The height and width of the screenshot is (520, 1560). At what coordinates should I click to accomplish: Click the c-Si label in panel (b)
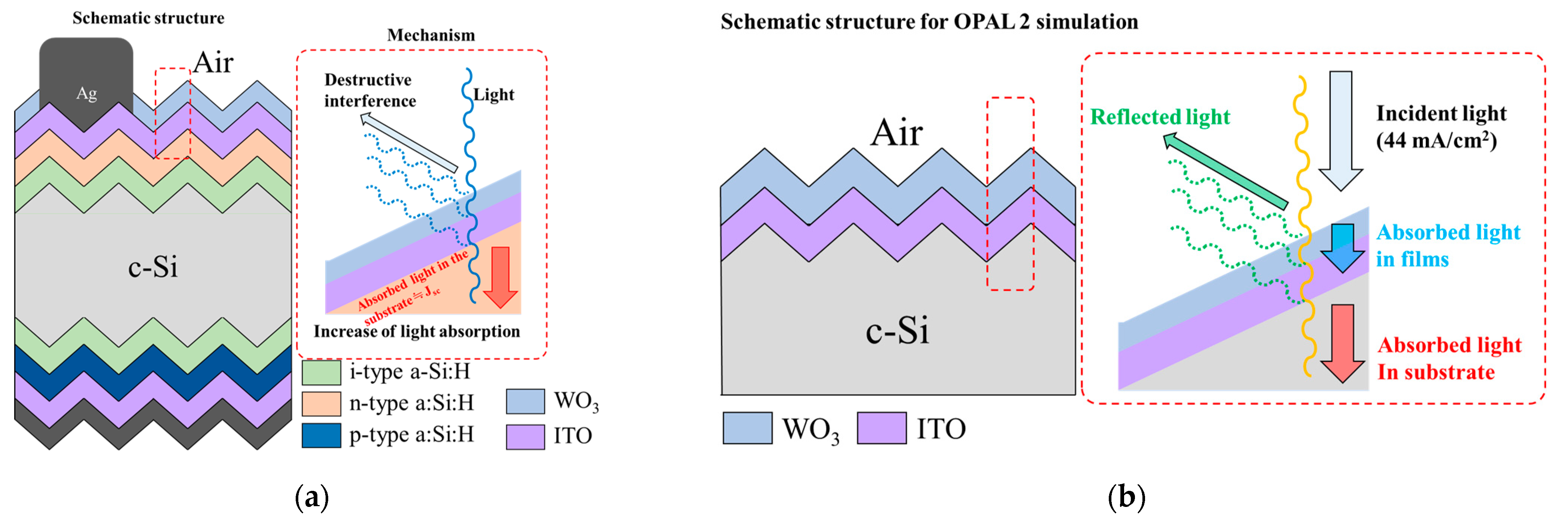click(897, 330)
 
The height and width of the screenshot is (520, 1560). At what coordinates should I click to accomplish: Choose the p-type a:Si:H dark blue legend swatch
click(321, 435)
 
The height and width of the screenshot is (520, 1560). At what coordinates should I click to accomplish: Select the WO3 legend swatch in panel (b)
click(747, 428)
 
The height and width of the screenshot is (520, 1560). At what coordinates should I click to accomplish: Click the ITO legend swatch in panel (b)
click(882, 428)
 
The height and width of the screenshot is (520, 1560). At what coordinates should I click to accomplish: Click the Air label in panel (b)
click(897, 133)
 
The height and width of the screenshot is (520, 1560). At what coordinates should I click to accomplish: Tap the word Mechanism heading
click(431, 35)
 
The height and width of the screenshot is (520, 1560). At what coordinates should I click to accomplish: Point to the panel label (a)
click(312, 498)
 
